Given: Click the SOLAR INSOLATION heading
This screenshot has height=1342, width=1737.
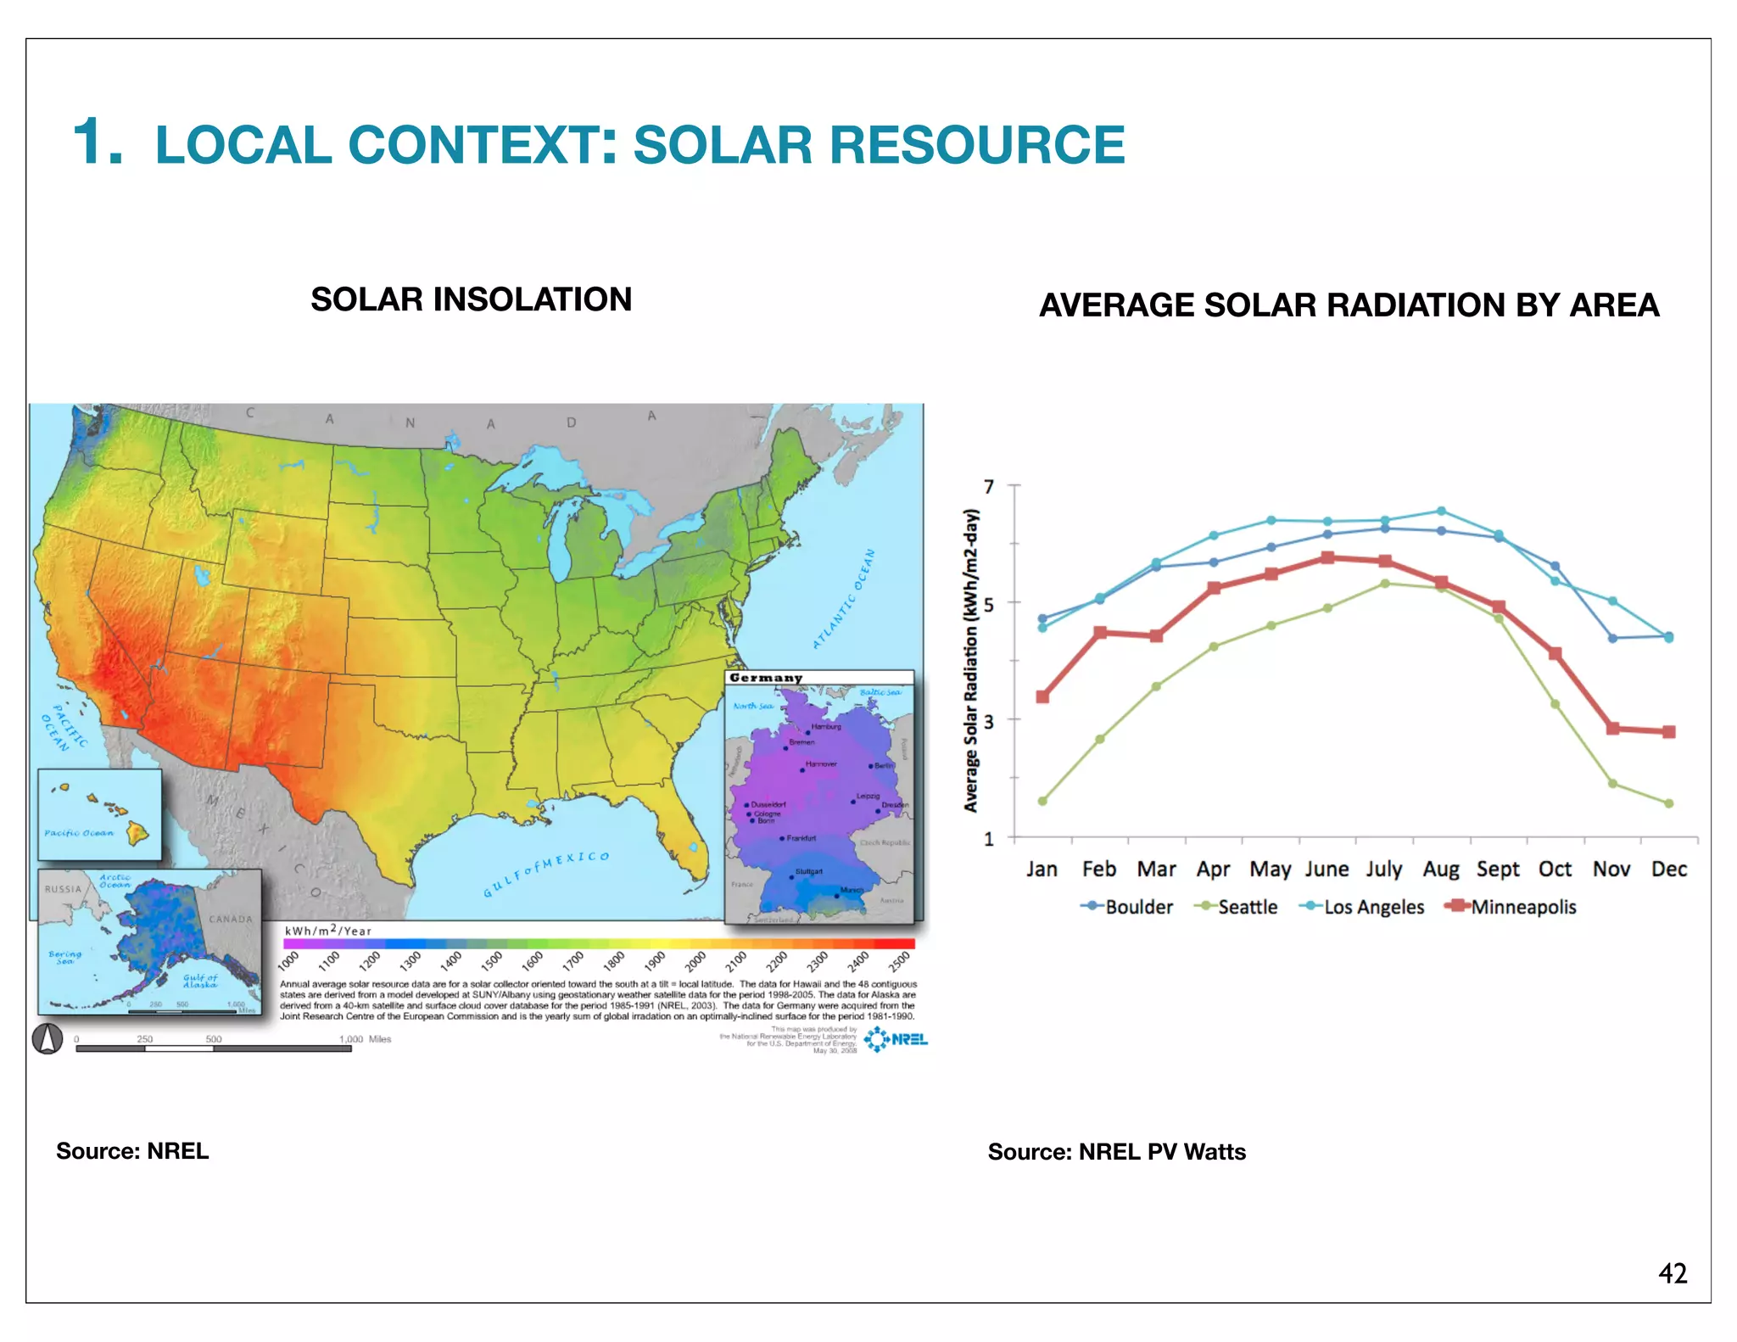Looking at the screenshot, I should tap(471, 299).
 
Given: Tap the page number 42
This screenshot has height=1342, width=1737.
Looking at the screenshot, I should tap(1672, 1273).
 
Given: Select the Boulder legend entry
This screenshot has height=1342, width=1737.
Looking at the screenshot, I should tap(1137, 907).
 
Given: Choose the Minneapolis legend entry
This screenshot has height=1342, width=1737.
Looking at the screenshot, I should tap(1522, 907).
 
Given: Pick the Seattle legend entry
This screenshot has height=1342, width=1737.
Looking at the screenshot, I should tap(1246, 907).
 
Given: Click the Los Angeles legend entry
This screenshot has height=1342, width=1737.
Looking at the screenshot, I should tap(1373, 907).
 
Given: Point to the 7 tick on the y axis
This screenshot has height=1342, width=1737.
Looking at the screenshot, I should tap(989, 487).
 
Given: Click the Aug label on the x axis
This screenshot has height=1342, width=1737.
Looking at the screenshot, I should tap(1440, 870).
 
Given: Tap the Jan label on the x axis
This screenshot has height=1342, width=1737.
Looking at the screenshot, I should tap(1042, 870).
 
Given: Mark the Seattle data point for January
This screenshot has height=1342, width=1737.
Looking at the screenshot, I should tap(1042, 801).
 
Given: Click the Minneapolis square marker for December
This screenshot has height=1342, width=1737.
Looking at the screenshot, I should tap(1668, 731).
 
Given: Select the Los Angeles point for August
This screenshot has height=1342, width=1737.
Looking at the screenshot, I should tap(1441, 512).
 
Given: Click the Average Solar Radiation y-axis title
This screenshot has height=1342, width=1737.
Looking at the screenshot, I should tap(972, 660).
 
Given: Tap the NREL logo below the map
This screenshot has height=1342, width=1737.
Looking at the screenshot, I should tap(896, 1039).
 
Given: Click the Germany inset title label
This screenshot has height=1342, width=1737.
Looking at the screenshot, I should tap(765, 678).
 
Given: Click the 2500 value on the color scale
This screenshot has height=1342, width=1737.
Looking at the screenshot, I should tap(899, 961).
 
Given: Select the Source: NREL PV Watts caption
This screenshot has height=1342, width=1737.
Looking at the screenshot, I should tap(1116, 1152).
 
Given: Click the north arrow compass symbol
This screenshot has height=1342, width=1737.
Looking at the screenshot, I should tap(47, 1038).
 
